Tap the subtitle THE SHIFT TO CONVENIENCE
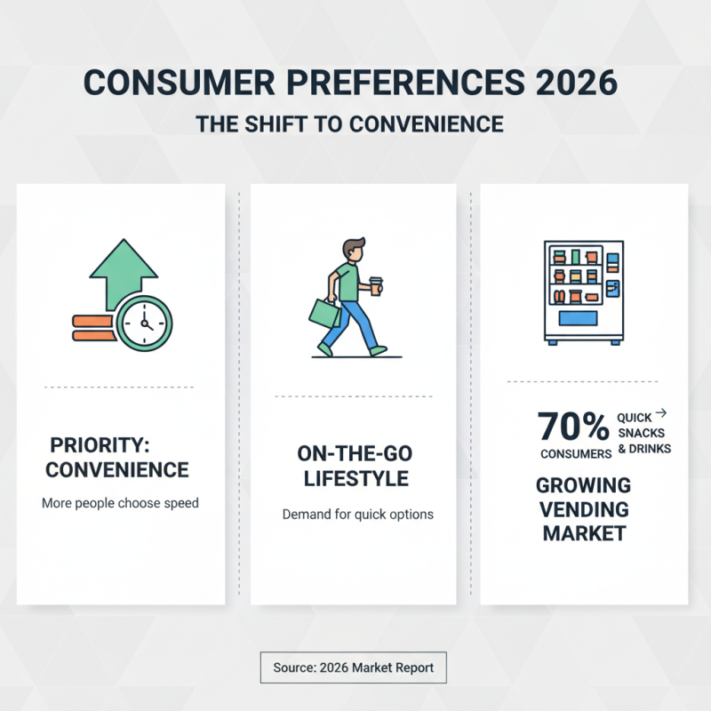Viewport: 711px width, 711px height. (x=349, y=124)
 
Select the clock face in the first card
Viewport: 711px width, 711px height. (x=144, y=322)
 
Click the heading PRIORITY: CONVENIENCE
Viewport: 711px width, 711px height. (x=117, y=457)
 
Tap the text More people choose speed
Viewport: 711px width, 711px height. (x=120, y=503)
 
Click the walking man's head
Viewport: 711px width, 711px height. (x=355, y=252)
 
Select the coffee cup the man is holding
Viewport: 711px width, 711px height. (x=376, y=286)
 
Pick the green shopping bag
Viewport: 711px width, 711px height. (x=324, y=313)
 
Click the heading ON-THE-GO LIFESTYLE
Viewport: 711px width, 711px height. (x=355, y=466)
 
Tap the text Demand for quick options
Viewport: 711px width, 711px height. (x=357, y=515)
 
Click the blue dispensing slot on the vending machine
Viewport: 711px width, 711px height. (x=577, y=318)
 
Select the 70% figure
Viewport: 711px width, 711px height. (x=573, y=427)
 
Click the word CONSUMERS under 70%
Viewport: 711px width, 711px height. (x=576, y=454)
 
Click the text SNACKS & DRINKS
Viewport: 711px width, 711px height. (x=644, y=441)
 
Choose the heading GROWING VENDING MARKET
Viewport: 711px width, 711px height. (x=584, y=509)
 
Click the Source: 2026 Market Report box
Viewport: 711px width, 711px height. (x=353, y=667)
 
